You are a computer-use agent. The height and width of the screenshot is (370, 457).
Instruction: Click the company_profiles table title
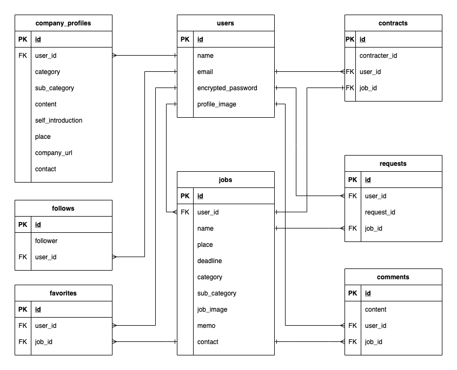tap(63, 23)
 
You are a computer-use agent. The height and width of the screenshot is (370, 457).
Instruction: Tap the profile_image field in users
tap(216, 104)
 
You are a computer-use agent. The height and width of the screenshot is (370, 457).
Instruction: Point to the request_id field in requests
tap(380, 212)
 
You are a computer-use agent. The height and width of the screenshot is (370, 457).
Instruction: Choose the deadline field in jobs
tap(209, 261)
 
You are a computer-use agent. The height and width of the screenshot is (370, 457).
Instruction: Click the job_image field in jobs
tap(212, 310)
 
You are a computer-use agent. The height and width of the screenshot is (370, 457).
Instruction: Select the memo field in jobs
tap(206, 326)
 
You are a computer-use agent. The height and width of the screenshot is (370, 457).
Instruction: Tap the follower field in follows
tap(46, 241)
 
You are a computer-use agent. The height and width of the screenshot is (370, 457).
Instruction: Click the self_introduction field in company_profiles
tap(58, 120)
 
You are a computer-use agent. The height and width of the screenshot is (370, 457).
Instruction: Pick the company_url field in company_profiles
tap(54, 153)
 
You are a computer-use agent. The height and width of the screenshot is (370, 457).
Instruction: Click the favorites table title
tap(63, 293)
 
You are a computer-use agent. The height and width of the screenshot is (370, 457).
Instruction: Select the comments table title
tap(393, 277)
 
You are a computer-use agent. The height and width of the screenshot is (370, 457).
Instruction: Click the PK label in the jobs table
tap(185, 196)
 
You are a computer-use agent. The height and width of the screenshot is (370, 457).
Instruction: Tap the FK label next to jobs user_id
tap(185, 212)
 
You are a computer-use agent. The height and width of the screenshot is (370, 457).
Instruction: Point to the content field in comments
tap(375, 310)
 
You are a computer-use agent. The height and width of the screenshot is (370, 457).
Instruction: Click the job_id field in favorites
tap(44, 342)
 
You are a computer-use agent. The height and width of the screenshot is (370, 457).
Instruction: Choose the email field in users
tap(205, 72)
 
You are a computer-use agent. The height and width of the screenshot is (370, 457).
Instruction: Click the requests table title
tap(393, 164)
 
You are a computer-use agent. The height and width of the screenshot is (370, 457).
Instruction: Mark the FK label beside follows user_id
tap(23, 257)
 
